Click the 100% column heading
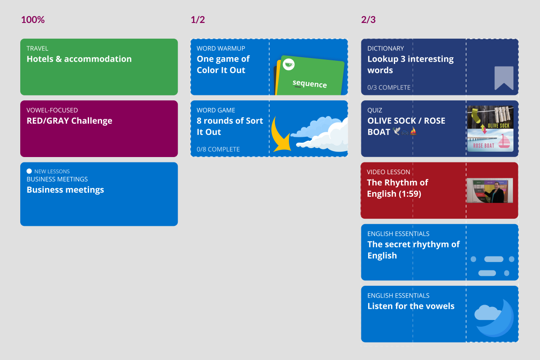click(33, 20)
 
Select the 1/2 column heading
click(198, 20)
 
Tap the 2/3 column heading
click(368, 20)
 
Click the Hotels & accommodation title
click(79, 59)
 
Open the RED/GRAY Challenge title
click(69, 121)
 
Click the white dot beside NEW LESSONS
click(29, 171)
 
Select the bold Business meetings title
click(65, 190)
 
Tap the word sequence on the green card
click(310, 83)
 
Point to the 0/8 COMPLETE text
click(218, 149)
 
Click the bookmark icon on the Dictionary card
click(504, 78)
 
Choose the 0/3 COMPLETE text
click(389, 88)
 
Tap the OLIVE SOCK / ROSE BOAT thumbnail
click(490, 128)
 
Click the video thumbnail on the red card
click(487, 190)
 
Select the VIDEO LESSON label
click(388, 172)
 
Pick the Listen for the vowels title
click(411, 306)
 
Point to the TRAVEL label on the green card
click(37, 48)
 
